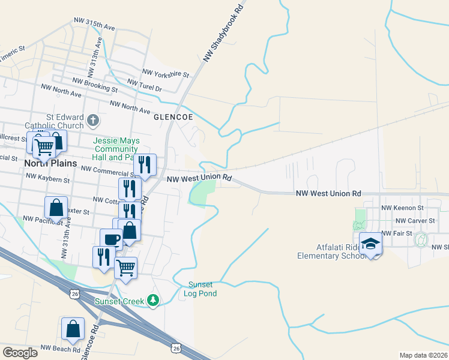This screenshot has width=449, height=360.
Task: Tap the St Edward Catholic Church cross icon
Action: [93, 121]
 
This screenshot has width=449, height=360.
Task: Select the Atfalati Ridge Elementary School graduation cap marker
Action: [371, 244]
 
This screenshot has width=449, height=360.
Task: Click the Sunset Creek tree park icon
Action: [154, 299]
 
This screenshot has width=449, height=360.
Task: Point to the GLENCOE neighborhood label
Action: [173, 118]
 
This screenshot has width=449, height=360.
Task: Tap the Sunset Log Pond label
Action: [202, 289]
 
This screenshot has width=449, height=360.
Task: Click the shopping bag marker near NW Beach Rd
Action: [73, 329]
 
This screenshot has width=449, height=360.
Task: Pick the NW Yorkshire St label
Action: [166, 74]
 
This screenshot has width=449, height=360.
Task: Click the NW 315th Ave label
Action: [94, 24]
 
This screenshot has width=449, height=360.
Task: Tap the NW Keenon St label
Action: [403, 208]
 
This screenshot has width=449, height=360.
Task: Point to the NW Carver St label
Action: [403, 220]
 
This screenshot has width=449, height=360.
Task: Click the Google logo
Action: [20, 352]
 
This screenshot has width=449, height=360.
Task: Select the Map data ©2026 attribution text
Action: [423, 355]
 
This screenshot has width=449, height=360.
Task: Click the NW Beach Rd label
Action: [60, 349]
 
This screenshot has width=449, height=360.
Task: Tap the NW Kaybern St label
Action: [48, 178]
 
